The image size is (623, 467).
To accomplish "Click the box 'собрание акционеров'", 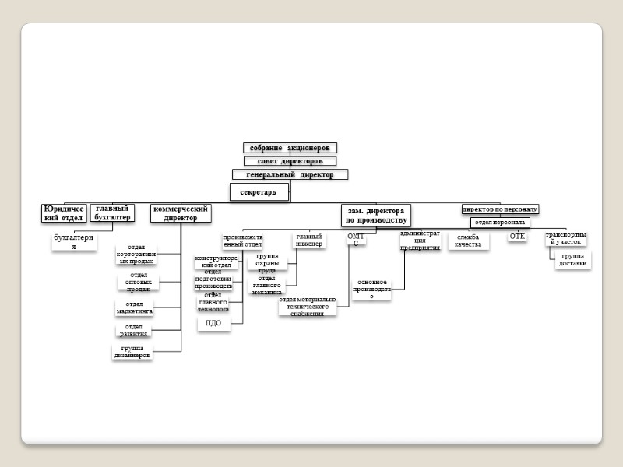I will click(290, 148).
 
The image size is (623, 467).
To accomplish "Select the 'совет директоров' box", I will click(290, 161).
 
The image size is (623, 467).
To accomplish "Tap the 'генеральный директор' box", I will click(290, 175).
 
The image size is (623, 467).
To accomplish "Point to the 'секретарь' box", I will click(259, 192).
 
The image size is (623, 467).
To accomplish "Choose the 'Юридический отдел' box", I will click(64, 213).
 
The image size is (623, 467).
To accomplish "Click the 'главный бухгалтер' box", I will click(112, 212).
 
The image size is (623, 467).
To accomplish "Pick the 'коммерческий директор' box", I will click(181, 213).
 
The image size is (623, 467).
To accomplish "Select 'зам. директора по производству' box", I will click(375, 216).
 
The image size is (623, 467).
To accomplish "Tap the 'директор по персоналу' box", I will click(500, 209).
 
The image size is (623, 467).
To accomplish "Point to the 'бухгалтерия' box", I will click(75, 242).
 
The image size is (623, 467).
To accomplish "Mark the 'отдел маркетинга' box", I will click(135, 307).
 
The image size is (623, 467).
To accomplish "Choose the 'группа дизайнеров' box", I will click(132, 352).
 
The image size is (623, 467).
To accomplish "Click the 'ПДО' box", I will click(214, 323).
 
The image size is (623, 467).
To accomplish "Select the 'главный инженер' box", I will click(309, 241).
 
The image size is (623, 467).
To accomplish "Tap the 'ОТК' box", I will click(518, 237).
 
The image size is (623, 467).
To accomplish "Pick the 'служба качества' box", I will click(469, 241).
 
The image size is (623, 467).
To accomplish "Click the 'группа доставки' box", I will click(573, 260).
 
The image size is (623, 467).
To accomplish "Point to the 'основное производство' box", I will click(371, 289).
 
